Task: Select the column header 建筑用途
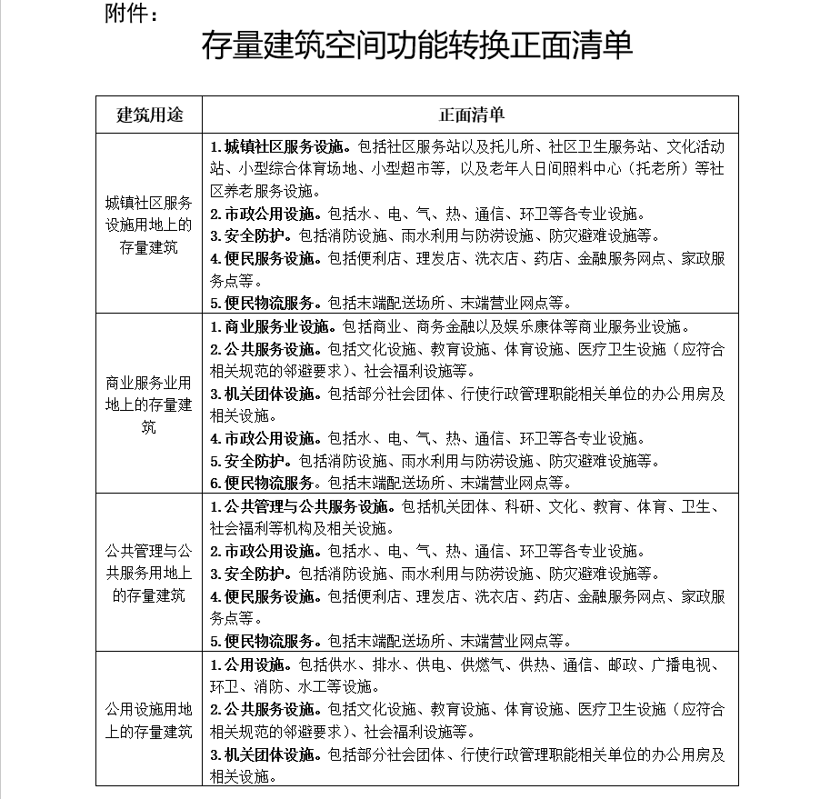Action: (x=150, y=115)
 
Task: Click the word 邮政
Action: (x=623, y=664)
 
